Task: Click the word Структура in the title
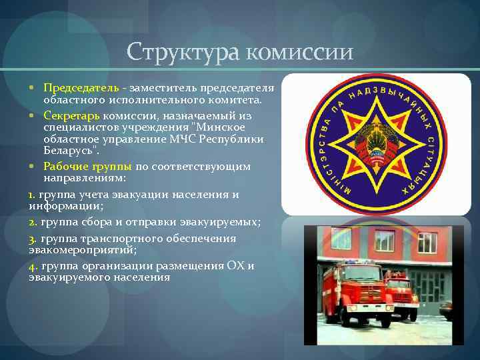184,52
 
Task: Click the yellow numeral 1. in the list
32,195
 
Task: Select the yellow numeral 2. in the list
33,221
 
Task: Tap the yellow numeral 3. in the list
33,238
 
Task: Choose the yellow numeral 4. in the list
33,265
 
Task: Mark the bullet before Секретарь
32,115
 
